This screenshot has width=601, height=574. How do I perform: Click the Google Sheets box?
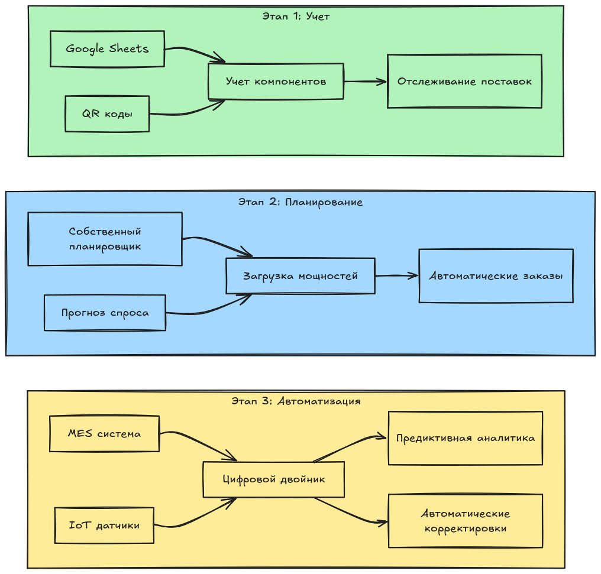tap(107, 48)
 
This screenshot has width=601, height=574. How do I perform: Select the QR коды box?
tap(107, 113)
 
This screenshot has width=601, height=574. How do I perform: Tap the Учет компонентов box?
tap(276, 81)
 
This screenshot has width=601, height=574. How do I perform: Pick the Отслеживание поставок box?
tap(464, 81)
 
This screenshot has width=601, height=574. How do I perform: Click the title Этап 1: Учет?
tap(296, 17)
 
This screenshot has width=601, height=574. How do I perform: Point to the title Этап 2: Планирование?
tap(300, 202)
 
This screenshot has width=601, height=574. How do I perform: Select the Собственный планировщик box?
tap(105, 239)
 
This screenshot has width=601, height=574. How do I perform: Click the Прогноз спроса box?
tap(105, 313)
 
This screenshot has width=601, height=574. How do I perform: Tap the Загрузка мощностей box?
tap(300, 275)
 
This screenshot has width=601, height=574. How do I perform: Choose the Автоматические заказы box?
tap(496, 275)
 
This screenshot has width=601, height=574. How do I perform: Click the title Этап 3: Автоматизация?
tap(296, 401)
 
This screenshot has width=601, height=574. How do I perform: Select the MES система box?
tap(105, 433)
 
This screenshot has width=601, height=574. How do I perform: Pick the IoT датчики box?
tap(105, 525)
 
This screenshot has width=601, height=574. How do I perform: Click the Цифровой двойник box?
tap(273, 479)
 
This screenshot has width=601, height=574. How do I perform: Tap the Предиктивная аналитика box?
tap(465, 438)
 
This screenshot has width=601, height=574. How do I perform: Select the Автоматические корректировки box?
tap(465, 521)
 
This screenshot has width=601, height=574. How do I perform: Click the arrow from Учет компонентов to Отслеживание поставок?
tap(365, 82)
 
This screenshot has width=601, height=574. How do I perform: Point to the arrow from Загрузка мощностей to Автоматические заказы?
tap(396, 275)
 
